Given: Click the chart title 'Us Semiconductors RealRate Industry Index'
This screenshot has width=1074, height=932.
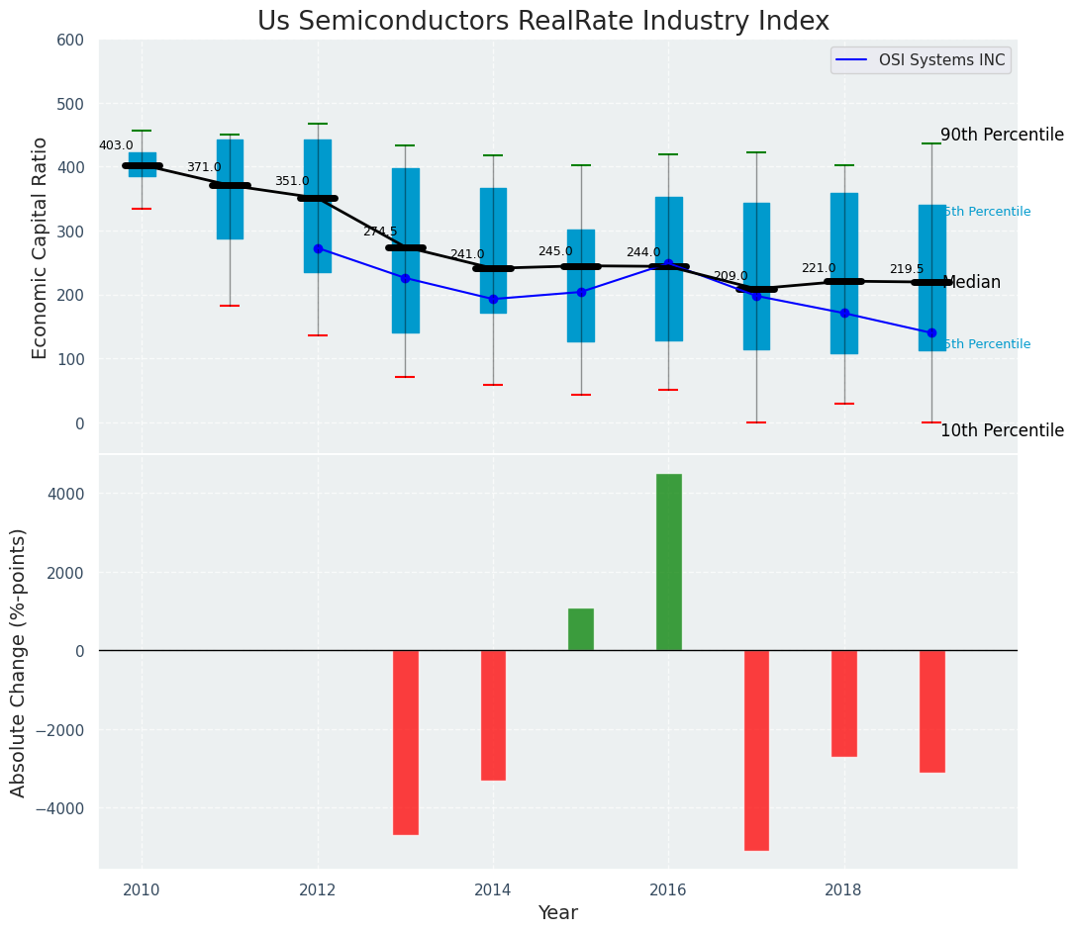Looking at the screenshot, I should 542,22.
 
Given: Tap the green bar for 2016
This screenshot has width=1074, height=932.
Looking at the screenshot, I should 668,562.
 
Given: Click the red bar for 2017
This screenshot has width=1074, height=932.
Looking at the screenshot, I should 756,750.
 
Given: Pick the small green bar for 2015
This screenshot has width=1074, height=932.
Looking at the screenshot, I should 581,629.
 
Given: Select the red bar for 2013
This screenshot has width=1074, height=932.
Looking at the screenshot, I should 405,742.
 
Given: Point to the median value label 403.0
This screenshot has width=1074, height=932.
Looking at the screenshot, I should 116,145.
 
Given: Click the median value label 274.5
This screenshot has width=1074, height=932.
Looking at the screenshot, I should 379,232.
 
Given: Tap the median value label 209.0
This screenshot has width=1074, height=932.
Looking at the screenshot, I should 731,276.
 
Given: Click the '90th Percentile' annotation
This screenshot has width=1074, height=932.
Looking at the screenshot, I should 1002,136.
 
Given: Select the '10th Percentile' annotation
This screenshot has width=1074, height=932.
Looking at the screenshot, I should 1002,430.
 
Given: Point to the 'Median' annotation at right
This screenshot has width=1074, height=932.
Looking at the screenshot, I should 972,283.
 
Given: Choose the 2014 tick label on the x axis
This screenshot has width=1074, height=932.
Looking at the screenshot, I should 493,889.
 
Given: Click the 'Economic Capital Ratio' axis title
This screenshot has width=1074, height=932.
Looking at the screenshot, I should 41,247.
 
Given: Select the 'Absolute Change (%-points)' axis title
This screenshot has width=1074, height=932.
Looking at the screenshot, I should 19,662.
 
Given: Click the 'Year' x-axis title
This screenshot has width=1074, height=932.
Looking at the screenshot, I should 557,913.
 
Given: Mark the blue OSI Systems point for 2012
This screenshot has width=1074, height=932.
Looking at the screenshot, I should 318,248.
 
